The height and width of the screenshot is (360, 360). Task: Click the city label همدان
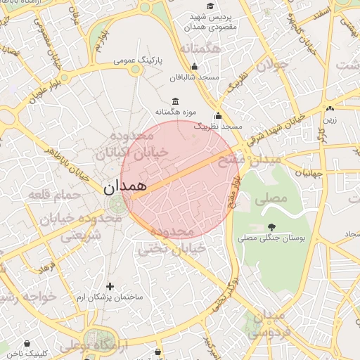click(124, 186)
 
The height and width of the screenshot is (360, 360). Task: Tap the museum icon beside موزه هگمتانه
click(174, 101)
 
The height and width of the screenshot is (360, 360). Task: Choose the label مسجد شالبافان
click(198, 77)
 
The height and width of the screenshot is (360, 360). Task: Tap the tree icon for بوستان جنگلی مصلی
click(271, 226)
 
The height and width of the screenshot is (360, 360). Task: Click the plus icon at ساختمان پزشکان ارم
click(109, 286)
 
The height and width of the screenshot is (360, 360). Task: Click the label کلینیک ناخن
click(27, 354)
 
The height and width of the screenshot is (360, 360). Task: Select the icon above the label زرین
click(330, 109)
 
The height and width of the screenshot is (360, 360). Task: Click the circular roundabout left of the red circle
click(116, 205)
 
